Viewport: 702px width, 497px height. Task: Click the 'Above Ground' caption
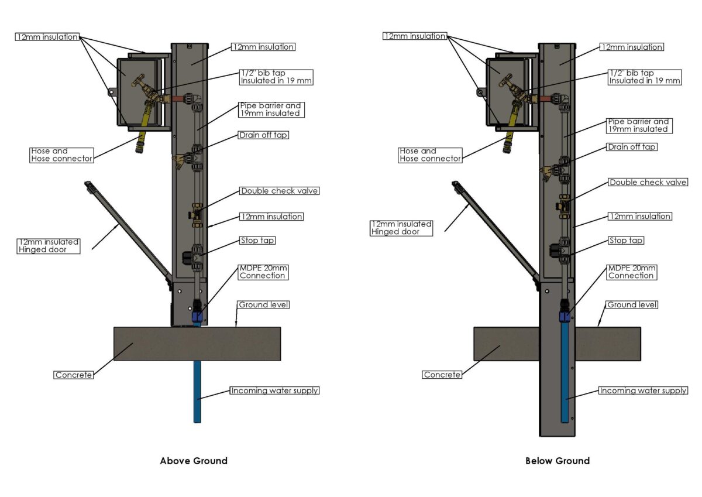tap(194, 461)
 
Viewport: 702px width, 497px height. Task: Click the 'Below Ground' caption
tap(558, 461)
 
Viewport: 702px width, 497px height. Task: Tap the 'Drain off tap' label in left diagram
tap(264, 135)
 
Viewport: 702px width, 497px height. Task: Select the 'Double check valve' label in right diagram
tap(648, 183)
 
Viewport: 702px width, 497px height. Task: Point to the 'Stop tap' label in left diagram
tap(257, 241)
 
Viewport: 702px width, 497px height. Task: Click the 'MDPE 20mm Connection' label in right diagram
tap(631, 272)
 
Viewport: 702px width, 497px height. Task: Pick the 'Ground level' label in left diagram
tap(264, 305)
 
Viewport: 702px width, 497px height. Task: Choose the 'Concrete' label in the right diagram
tap(442, 375)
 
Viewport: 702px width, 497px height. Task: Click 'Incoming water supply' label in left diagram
tap(274, 390)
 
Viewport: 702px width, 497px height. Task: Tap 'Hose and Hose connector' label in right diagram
tap(430, 155)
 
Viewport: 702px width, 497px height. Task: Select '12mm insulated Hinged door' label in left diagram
tap(48, 246)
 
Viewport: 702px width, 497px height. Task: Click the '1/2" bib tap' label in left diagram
tap(276, 77)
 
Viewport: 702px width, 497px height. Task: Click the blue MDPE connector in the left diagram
tap(197, 316)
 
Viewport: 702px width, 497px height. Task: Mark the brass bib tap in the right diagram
tap(511, 88)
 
